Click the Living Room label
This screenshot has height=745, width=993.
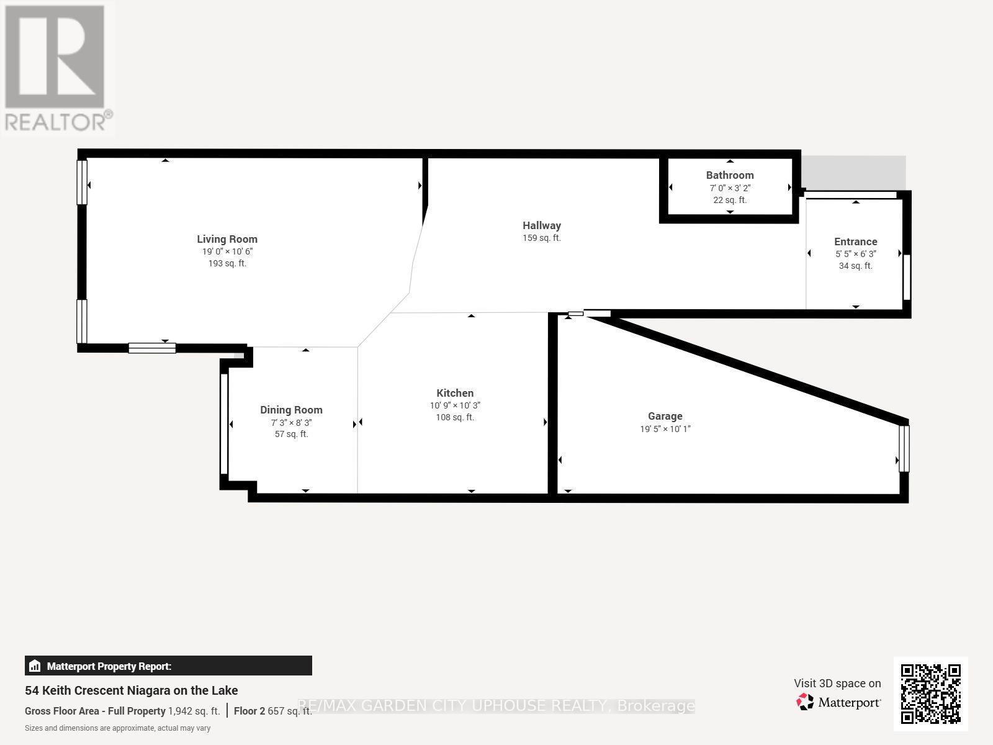coord(227,239)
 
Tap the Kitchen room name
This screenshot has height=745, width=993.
coord(455,393)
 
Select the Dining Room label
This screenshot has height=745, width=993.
coord(291,410)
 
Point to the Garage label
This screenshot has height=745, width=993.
coord(665,416)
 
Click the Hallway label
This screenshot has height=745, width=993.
coord(542,225)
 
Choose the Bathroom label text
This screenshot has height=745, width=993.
coord(730,175)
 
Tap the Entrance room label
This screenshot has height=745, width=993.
coord(855,242)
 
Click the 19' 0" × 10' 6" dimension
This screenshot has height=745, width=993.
coord(227,251)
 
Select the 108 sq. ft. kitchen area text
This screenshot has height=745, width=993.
coord(455,417)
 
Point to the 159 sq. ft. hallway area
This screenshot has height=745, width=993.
coord(542,238)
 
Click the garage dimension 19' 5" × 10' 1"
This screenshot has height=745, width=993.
coord(665,429)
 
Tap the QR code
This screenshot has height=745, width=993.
coord(930,694)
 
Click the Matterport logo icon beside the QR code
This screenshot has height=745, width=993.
coord(805,702)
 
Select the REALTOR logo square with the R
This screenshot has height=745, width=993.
coord(55,56)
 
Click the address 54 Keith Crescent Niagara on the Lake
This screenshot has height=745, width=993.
coord(131,691)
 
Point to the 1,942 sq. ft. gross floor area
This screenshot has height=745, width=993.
coord(194,711)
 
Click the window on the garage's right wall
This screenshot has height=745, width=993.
coord(904,449)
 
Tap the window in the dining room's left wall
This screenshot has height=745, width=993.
coord(224,424)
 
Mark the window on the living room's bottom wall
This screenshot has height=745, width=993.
coord(152,348)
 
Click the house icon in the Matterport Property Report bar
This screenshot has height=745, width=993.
coord(35,666)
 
